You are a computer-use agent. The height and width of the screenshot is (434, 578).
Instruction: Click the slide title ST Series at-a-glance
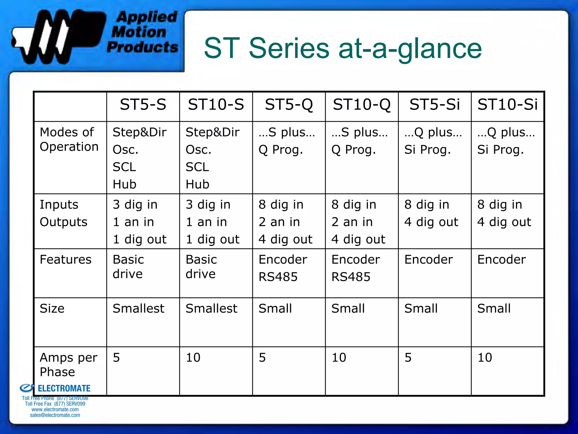pyautogui.click(x=343, y=49)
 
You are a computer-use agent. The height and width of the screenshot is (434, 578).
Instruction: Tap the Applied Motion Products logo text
pyautogui.click(x=143, y=32)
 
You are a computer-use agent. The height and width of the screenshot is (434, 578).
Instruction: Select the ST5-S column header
pyautogui.click(x=143, y=105)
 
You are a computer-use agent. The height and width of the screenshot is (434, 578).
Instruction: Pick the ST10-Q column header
pyautogui.click(x=362, y=105)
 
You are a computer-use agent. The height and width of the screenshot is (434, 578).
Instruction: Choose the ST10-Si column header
pyautogui.click(x=507, y=105)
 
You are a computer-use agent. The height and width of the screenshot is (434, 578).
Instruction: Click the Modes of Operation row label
pyautogui.click(x=69, y=139)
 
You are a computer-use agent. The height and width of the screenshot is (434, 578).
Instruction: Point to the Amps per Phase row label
pyautogui.click(x=68, y=364)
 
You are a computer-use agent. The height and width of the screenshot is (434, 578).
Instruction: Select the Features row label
pyautogui.click(x=65, y=259)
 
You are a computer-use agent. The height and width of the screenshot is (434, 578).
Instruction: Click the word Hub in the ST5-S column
pyautogui.click(x=124, y=185)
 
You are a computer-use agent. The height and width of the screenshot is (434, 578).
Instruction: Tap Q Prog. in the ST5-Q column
pyautogui.click(x=281, y=150)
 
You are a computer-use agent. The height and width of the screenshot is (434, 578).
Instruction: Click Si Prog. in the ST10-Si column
pyautogui.click(x=500, y=150)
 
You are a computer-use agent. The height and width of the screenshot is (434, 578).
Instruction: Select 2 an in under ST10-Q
pyautogui.click(x=352, y=222)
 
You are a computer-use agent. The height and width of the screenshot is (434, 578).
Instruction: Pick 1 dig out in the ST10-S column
pyautogui.click(x=213, y=239)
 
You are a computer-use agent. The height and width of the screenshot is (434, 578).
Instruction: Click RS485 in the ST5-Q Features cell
pyautogui.click(x=278, y=277)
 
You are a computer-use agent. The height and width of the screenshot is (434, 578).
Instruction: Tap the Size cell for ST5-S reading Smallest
pyautogui.click(x=138, y=308)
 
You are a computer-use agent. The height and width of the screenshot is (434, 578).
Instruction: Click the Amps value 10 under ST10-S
pyautogui.click(x=193, y=357)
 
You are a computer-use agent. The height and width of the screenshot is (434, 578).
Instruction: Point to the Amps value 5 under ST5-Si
pyautogui.click(x=408, y=357)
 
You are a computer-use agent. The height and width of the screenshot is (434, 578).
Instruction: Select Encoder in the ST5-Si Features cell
pyautogui.click(x=428, y=259)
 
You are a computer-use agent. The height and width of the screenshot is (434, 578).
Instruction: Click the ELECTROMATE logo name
pyautogui.click(x=64, y=389)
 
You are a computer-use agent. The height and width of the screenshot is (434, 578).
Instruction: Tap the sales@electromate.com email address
pyautogui.click(x=55, y=415)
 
